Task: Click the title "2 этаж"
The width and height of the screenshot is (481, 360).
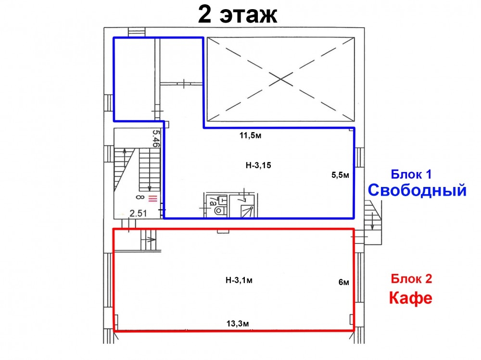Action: coord(238,14)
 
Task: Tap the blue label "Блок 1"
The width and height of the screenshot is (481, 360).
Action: coord(411,174)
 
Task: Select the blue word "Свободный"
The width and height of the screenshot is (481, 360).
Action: coord(417,190)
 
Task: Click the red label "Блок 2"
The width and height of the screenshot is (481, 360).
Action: coord(411,279)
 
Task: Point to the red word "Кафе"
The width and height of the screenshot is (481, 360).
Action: coord(410,298)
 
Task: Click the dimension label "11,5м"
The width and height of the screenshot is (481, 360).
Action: coord(250,135)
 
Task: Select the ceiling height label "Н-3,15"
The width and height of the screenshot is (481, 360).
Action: coord(258,165)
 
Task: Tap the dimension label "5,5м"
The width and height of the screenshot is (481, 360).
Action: coord(340,175)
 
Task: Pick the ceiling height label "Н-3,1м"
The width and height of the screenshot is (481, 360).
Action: coord(239,280)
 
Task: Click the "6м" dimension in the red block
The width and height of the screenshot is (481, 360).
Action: coord(343,282)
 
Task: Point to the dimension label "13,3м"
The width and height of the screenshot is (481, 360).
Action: coord(238,323)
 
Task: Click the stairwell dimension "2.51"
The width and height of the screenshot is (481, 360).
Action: coord(138,213)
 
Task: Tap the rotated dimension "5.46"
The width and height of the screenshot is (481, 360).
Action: coord(156,138)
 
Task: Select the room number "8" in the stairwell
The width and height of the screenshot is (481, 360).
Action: coord(140,197)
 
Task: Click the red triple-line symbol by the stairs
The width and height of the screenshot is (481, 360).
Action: coord(153,199)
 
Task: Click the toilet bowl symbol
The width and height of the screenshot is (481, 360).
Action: coord(219,211)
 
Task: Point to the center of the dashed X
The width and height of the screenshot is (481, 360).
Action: coord(281,79)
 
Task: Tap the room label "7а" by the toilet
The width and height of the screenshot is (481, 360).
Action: coord(212,201)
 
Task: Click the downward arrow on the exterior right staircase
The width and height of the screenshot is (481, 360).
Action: coord(372,221)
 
